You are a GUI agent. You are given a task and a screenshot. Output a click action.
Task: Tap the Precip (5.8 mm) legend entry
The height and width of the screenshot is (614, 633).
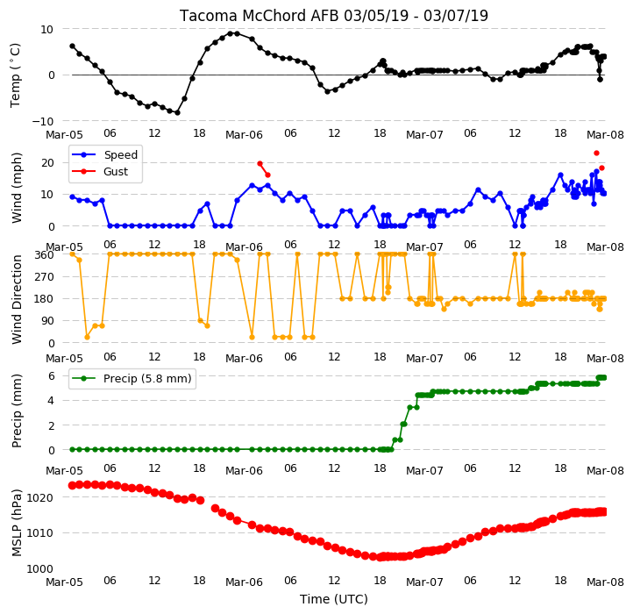[x=131, y=379]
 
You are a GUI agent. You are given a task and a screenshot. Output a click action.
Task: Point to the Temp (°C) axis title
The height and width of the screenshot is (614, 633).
[x=15, y=75]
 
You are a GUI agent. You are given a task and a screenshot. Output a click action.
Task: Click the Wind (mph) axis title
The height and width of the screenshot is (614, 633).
[x=17, y=188]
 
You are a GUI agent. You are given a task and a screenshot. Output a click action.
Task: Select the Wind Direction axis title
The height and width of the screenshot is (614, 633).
[x=17, y=299]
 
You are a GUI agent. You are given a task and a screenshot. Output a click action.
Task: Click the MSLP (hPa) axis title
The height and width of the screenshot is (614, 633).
[x=17, y=523]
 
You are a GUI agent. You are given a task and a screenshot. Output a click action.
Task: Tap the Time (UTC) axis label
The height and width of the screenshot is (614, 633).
[x=334, y=598]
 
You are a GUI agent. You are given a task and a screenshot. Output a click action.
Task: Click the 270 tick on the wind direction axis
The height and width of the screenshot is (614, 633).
[x=46, y=276]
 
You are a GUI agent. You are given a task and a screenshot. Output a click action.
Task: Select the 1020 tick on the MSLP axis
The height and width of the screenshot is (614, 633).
[x=40, y=497]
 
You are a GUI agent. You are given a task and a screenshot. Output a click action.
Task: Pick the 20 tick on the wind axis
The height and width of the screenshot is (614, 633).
[x=47, y=163]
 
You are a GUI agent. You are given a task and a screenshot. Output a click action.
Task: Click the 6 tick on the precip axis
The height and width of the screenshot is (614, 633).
[x=51, y=376]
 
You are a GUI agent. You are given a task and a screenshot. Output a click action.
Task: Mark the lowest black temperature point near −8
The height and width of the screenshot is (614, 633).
[x=177, y=112]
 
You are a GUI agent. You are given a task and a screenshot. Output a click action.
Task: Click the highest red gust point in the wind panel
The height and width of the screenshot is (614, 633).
[x=596, y=153]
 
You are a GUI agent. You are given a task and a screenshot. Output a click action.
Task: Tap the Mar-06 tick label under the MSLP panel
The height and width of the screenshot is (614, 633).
[x=244, y=582]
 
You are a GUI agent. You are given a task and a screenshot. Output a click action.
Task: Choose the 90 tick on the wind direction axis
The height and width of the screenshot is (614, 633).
[x=48, y=321]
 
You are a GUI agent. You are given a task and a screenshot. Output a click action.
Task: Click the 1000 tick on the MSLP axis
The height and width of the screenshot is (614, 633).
[x=40, y=568]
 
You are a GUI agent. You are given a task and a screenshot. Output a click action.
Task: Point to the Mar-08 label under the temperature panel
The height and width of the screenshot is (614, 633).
[x=605, y=134]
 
